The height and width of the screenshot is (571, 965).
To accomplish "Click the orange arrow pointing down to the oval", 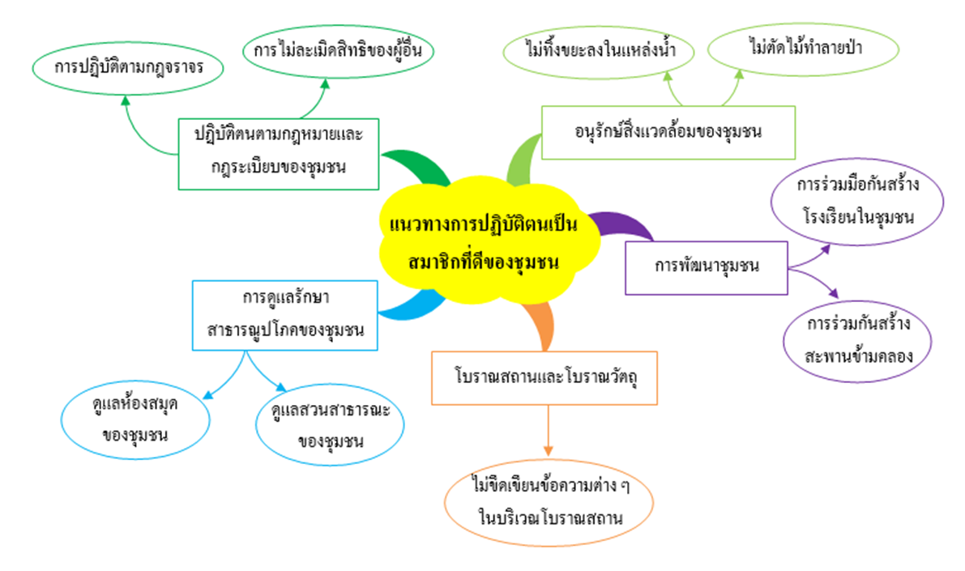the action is click(x=548, y=431).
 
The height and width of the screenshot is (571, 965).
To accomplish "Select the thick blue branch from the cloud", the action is click(x=411, y=309).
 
